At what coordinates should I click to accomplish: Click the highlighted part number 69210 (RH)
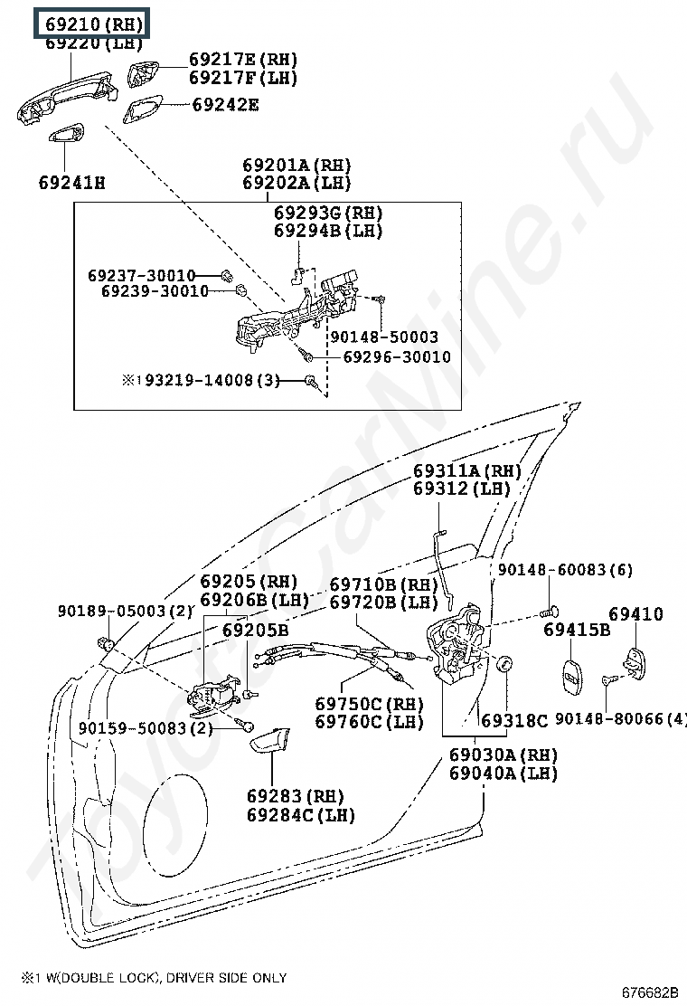pos(94,24)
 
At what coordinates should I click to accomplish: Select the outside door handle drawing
pos(67,99)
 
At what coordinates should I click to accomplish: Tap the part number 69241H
pos(71,183)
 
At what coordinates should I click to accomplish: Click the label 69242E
pos(226,105)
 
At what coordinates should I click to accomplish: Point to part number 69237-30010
pos(142,276)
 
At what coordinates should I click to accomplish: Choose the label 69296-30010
pos(398,356)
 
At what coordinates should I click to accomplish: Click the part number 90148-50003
pos(384,337)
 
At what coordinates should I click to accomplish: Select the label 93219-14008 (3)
pos(212,381)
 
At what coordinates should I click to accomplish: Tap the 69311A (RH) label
pos(467,471)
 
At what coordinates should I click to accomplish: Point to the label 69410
pos(635,614)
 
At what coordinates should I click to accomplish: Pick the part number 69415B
pos(577,630)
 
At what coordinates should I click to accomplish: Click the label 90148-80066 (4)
pos(620,718)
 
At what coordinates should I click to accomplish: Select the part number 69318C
pos(514,721)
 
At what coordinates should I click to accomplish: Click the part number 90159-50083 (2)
pos(146,728)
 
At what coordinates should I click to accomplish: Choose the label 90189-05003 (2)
pos(125,611)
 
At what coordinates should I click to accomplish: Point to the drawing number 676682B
pos(650,992)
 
